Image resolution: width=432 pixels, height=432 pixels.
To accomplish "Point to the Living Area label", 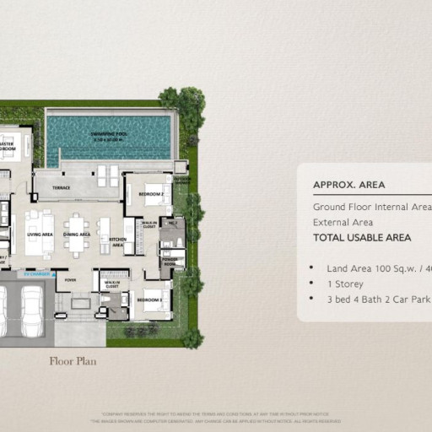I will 40,235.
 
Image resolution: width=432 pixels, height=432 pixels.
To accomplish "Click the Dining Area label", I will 76,235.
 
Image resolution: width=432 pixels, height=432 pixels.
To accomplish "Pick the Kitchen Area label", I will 117,242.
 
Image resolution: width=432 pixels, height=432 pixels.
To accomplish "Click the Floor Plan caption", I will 73,361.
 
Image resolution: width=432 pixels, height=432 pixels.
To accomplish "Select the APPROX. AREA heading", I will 349,185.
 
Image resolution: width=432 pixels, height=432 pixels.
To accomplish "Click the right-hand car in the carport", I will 32,310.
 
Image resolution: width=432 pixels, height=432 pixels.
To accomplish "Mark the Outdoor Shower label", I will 182,180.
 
